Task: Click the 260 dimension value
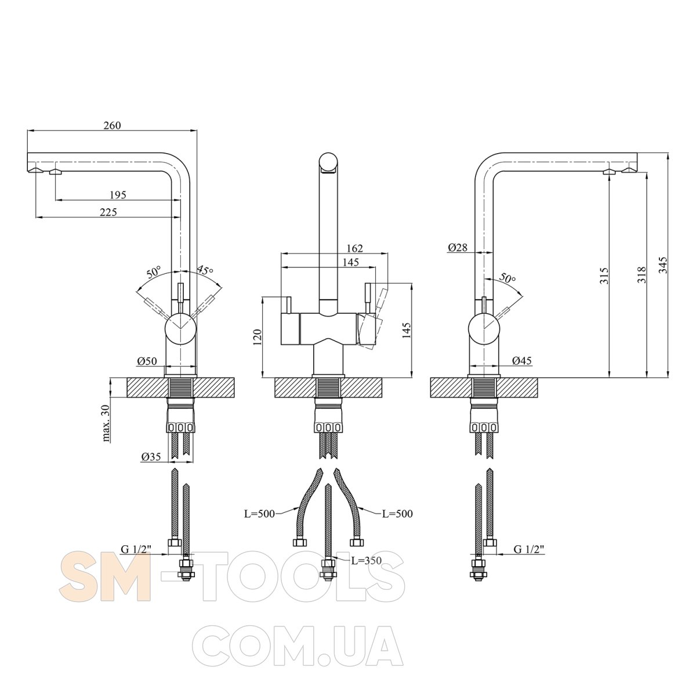point(113,125)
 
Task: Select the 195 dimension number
point(118,195)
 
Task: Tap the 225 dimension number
point(108,212)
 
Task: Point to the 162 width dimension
point(354,248)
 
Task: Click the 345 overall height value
point(664,266)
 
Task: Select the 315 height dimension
point(605,275)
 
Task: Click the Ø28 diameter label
point(458,248)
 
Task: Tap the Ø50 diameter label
point(147,361)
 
